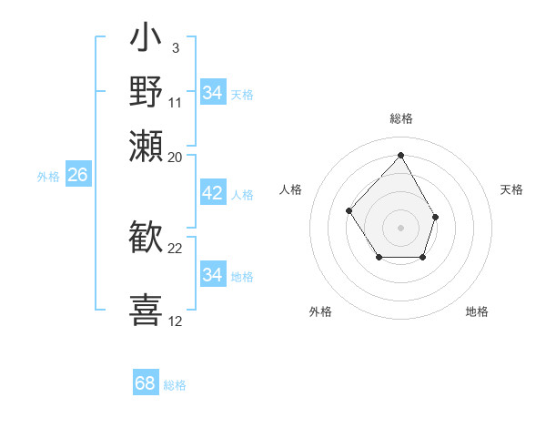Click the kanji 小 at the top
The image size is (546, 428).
pyautogui.click(x=147, y=41)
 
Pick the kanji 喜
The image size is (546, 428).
pyautogui.click(x=147, y=310)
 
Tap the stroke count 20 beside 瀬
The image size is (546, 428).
pyautogui.click(x=176, y=157)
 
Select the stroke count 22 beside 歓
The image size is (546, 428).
pyautogui.click(x=176, y=249)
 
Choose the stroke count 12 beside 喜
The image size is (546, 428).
pyautogui.click(x=176, y=321)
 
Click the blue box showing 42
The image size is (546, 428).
pyautogui.click(x=212, y=194)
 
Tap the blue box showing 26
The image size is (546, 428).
pyautogui.click(x=77, y=176)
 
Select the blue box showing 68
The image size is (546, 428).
pyautogui.click(x=146, y=383)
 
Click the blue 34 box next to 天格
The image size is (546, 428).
pyautogui.click(x=212, y=93)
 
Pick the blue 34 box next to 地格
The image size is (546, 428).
pyautogui.click(x=212, y=275)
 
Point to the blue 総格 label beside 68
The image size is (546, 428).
pyautogui.click(x=175, y=385)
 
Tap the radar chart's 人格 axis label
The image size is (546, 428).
pyautogui.click(x=291, y=189)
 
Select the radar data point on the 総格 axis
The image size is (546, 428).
pyautogui.click(x=400, y=155)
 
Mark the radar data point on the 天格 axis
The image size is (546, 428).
pyautogui.click(x=435, y=217)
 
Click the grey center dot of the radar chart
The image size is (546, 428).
pyautogui.click(x=400, y=227)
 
